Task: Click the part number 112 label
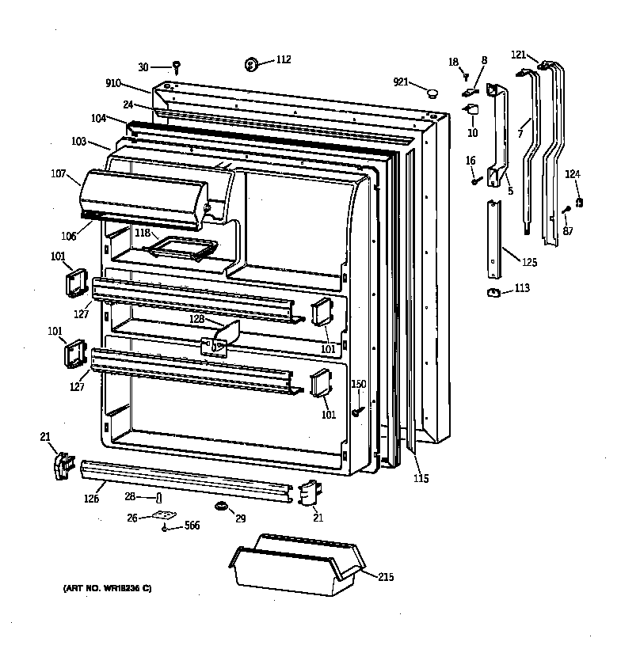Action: click(x=283, y=59)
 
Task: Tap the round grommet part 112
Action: click(x=253, y=63)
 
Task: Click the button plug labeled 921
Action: click(x=432, y=93)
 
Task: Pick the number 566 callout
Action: click(x=192, y=526)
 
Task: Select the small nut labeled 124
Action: click(x=580, y=203)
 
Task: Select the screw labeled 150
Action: click(x=358, y=411)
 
